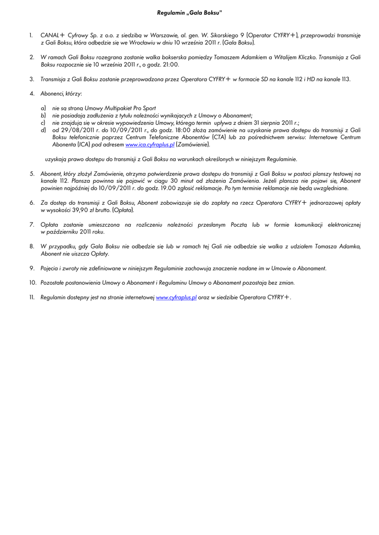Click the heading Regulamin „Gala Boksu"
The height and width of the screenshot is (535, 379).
pos(189,12)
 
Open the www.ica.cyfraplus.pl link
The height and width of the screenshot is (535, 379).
pos(150,144)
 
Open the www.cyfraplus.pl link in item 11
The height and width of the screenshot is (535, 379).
pos(176,297)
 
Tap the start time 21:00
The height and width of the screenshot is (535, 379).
pos(170,65)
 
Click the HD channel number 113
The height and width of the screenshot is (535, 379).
pos(346,79)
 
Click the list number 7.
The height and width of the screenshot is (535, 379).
pos(32,225)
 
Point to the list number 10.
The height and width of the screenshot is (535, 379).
pos(32,283)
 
